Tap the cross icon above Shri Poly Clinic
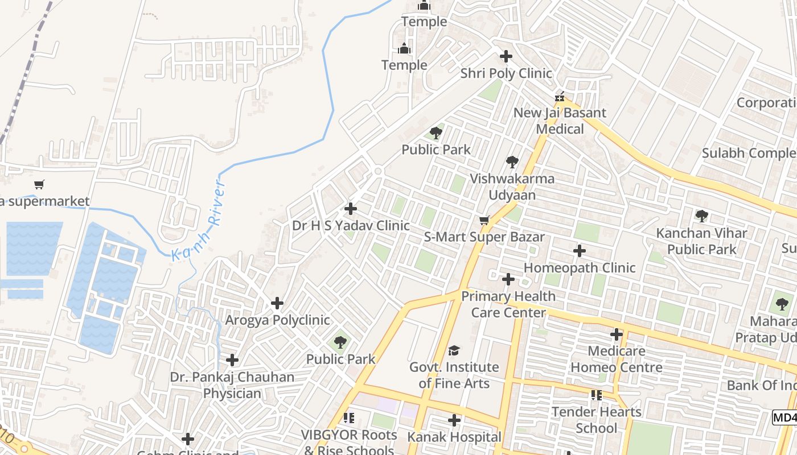click(506, 56)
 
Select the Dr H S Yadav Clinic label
click(351, 226)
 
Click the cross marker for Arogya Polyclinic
click(277, 303)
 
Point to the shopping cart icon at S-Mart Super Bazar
click(484, 220)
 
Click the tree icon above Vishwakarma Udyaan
click(512, 162)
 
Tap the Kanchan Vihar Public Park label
click(701, 241)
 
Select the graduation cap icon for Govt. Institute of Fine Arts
click(454, 350)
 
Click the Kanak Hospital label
click(454, 437)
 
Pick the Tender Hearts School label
click(597, 420)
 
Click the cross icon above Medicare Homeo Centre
click(617, 334)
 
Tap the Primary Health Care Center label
click(508, 304)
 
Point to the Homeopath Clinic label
click(579, 268)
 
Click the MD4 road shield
click(784, 417)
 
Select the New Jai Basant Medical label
click(560, 121)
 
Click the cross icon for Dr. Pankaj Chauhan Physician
click(232, 360)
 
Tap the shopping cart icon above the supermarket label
click(39, 184)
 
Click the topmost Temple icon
click(424, 6)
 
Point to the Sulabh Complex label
click(748, 153)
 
